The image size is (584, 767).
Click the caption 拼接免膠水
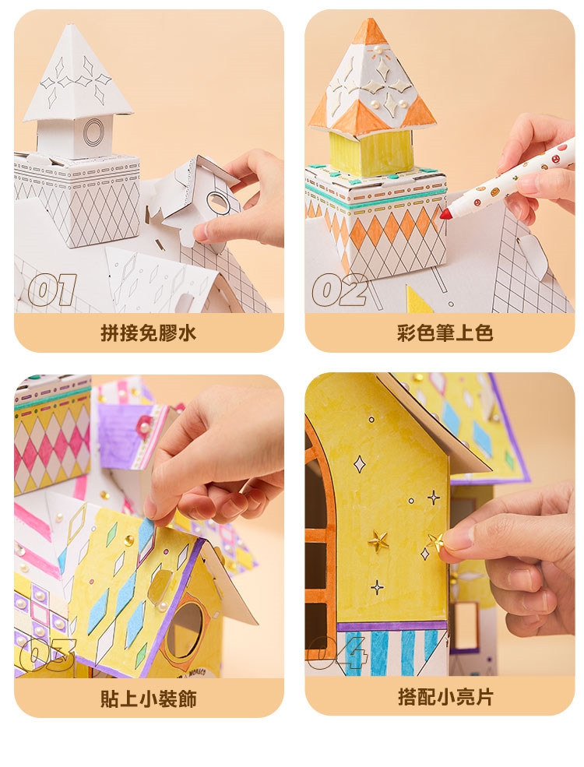pyautogui.click(x=148, y=333)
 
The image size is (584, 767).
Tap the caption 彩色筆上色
pyautogui.click(x=445, y=333)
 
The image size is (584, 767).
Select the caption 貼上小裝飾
pyautogui.click(x=148, y=698)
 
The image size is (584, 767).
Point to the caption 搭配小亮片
pyautogui.click(x=445, y=697)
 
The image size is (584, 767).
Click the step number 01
pyautogui.click(x=52, y=290)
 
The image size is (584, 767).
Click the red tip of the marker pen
pyautogui.click(x=445, y=214)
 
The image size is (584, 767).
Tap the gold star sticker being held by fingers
pyautogui.click(x=434, y=541)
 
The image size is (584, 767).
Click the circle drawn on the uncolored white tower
pyautogui.click(x=92, y=132)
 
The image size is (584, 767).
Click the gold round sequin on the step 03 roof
pyautogui.click(x=129, y=540)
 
